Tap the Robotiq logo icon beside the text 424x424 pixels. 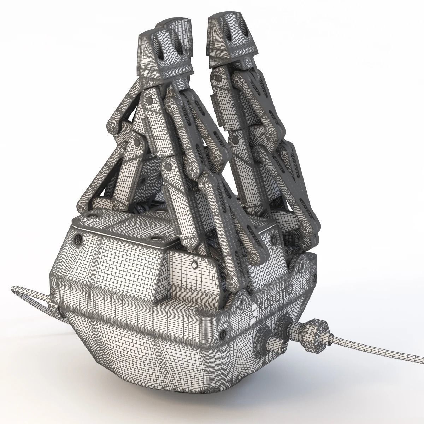254,313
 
